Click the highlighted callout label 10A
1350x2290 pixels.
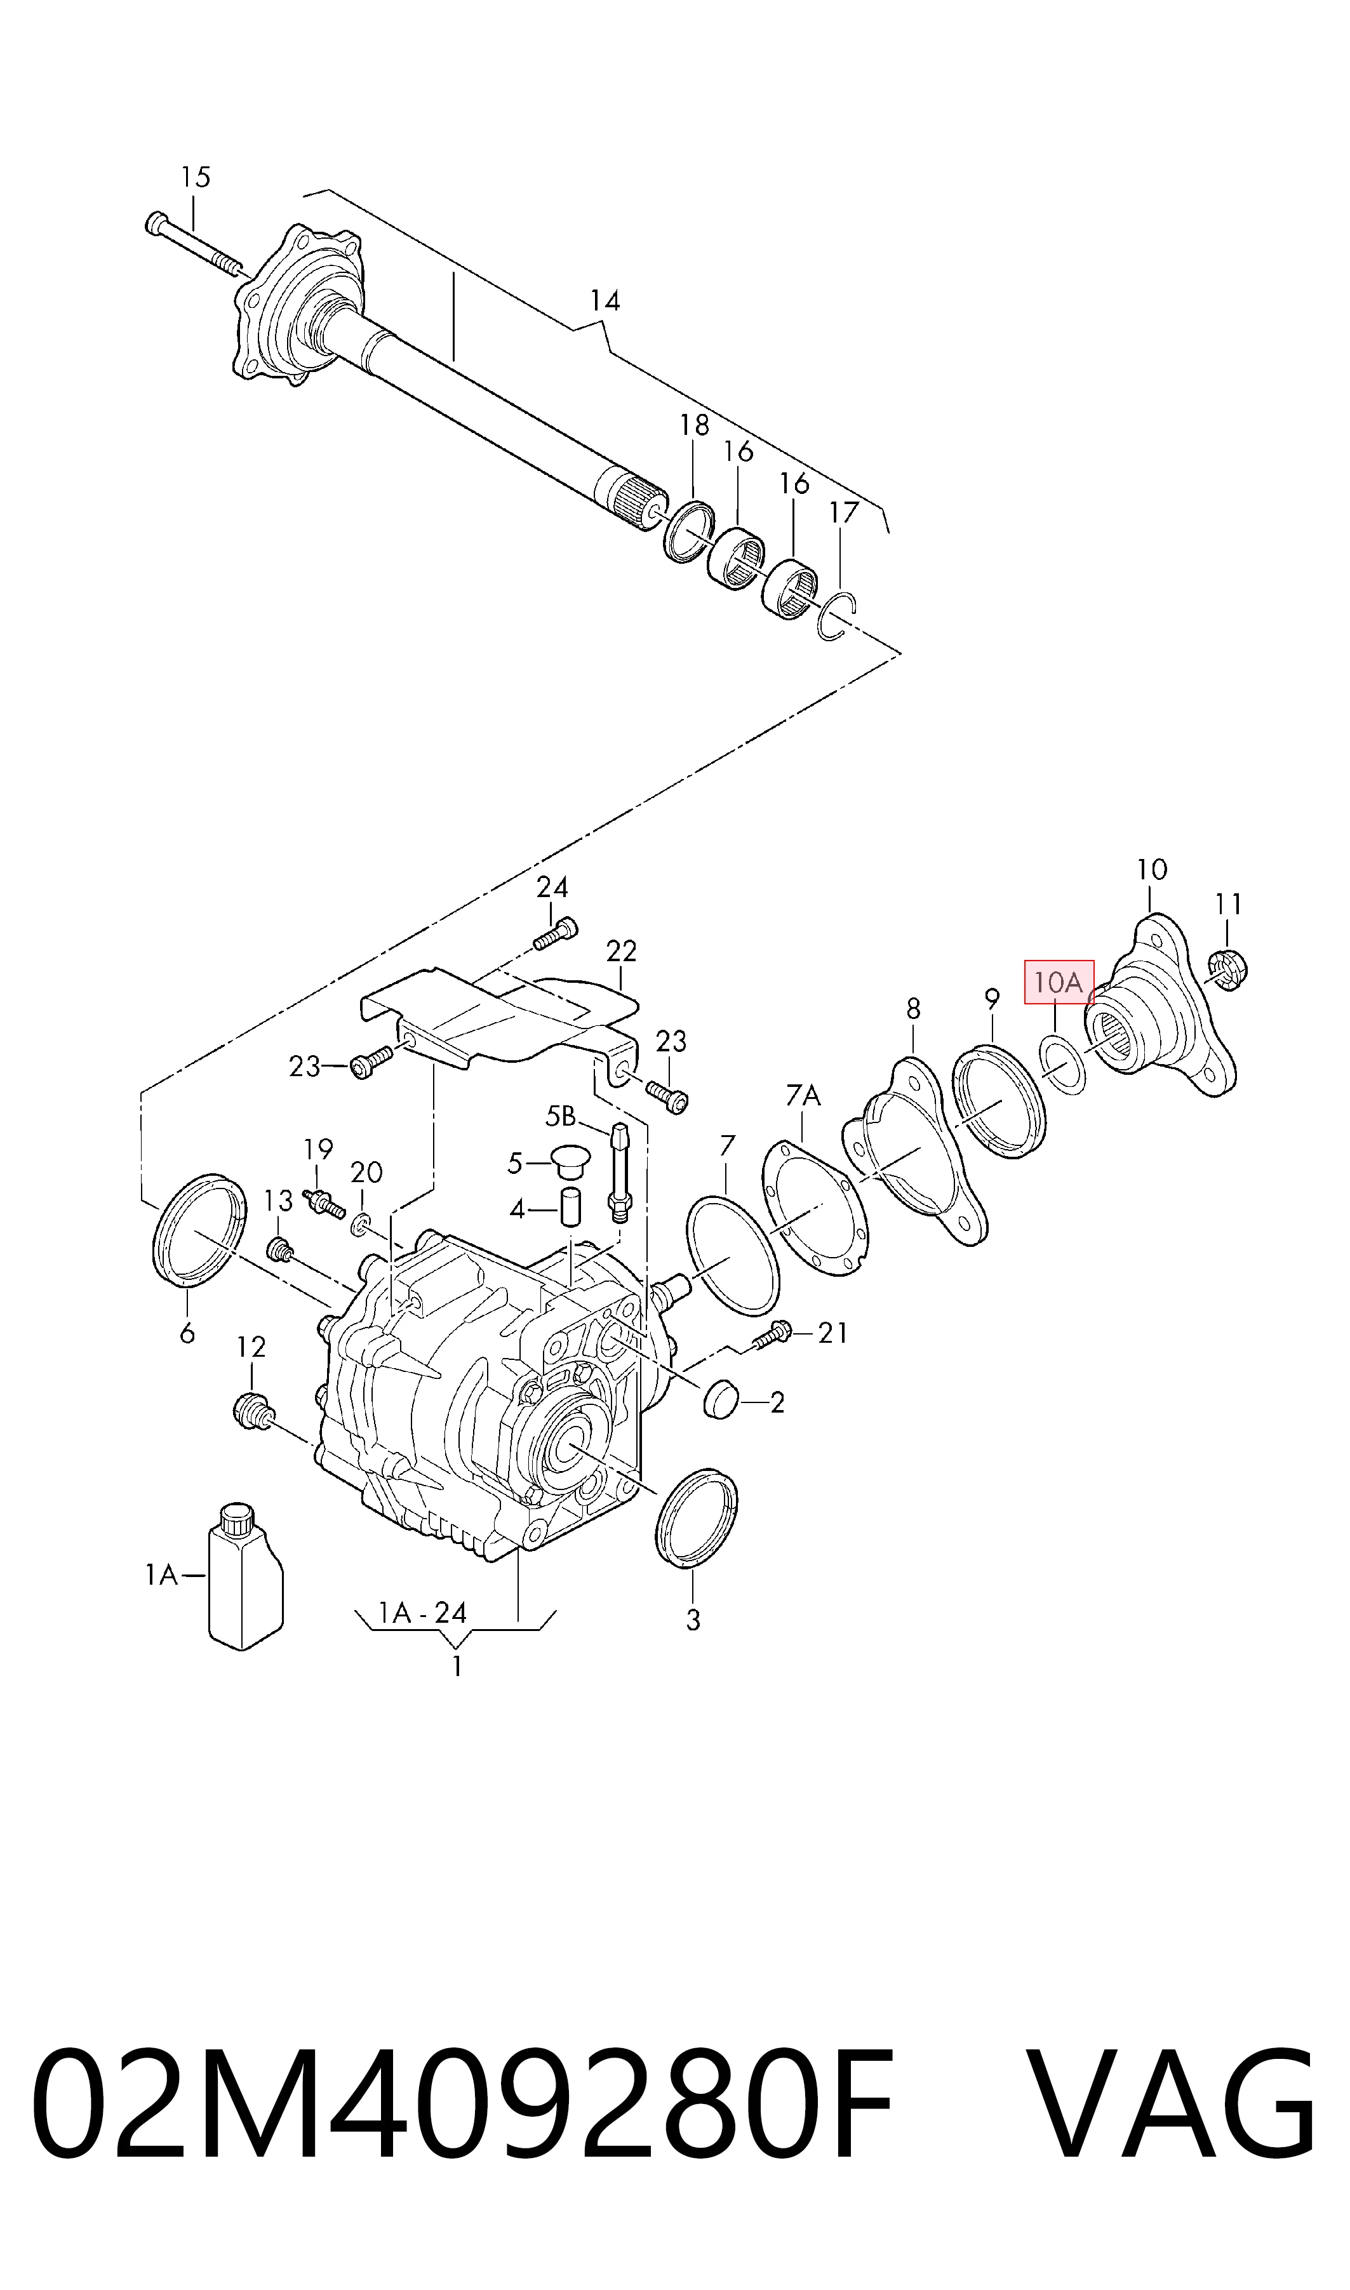pyautogui.click(x=1059, y=982)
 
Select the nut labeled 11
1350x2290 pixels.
pyautogui.click(x=1230, y=970)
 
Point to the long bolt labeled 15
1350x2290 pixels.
pyautogui.click(x=193, y=242)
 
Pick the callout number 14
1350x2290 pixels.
pyautogui.click(x=605, y=300)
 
